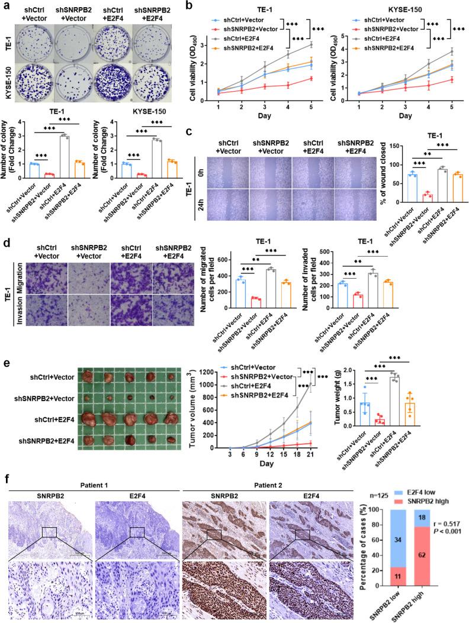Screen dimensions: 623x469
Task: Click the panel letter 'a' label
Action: pos(5,5)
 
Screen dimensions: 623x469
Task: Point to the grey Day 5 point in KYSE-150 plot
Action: pos(452,50)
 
